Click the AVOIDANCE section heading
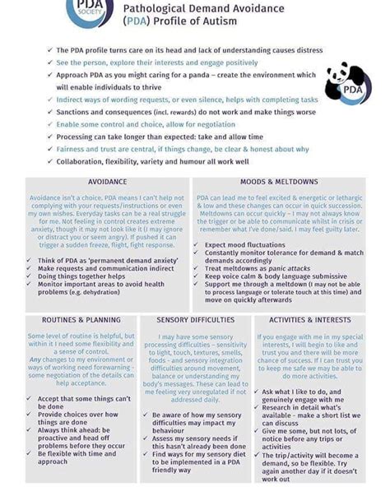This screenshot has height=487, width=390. tap(107, 181)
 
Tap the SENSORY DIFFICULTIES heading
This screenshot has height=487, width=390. tap(195, 319)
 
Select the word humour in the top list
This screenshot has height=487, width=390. tap(217, 161)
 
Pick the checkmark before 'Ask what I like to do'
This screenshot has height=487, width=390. tap(257, 392)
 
